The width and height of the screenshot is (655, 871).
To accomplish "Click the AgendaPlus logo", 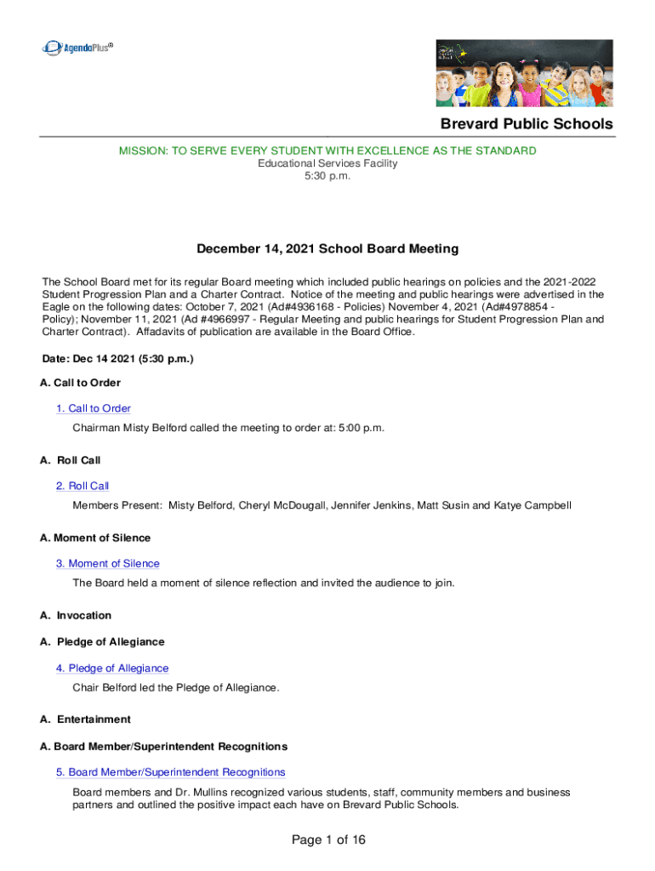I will (x=77, y=48).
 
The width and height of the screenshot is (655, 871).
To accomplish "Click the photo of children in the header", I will (x=524, y=72).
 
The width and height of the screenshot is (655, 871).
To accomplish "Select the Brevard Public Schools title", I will (x=526, y=124).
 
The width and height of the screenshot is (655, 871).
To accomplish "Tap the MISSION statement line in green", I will (x=327, y=151).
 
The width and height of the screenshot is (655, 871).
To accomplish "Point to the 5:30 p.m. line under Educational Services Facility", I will (x=327, y=176).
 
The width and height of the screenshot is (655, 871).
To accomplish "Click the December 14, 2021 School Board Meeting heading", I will (x=327, y=249).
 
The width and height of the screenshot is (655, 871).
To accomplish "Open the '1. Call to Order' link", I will (x=94, y=408).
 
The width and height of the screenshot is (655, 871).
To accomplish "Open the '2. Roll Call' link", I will (x=83, y=486).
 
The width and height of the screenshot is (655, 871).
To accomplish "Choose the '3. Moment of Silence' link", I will (x=107, y=563).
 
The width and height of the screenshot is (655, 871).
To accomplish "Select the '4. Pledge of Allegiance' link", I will (x=112, y=668).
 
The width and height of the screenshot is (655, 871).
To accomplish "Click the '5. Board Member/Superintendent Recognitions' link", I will (x=170, y=771).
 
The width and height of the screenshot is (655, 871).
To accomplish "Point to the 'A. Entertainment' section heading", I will (x=85, y=720).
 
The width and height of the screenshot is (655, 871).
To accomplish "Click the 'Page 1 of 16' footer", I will (x=327, y=840).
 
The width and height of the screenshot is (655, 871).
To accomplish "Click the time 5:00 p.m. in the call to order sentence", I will (x=362, y=427).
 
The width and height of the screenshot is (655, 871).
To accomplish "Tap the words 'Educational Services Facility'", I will (x=327, y=163).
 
